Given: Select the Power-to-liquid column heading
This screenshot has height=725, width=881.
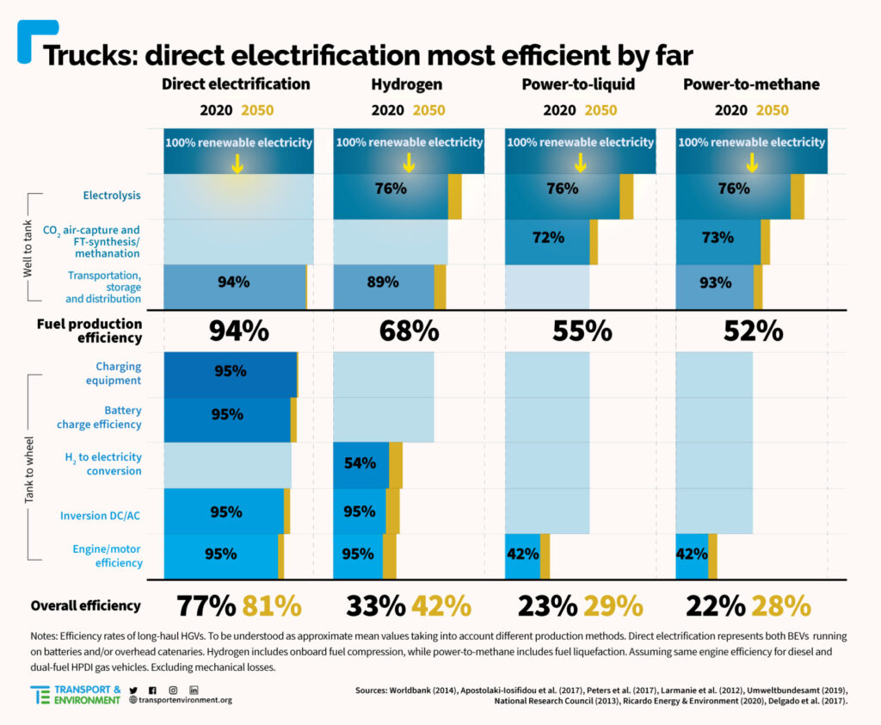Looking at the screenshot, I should click(x=580, y=84).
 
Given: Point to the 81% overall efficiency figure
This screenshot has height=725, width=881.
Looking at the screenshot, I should click(x=271, y=606).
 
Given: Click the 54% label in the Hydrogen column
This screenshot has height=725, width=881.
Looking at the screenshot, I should click(x=360, y=463).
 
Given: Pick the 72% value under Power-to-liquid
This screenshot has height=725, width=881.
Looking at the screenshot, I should click(x=548, y=237).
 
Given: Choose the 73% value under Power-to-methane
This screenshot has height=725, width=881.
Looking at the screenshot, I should click(x=718, y=237).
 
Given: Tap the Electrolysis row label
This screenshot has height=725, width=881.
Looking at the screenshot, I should click(x=111, y=195).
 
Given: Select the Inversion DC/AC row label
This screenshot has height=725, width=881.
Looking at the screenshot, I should click(x=101, y=516).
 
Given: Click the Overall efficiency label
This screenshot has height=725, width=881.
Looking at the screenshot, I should click(x=85, y=605).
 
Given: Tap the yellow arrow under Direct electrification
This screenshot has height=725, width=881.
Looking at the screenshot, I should click(x=237, y=164).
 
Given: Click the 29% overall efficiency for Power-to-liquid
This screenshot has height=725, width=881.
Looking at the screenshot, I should click(x=612, y=606).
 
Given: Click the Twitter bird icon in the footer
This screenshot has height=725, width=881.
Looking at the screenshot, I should click(x=133, y=691).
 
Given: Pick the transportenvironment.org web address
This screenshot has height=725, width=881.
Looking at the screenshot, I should click(x=180, y=700).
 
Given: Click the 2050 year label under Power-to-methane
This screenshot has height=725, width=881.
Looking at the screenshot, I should click(x=772, y=110).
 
